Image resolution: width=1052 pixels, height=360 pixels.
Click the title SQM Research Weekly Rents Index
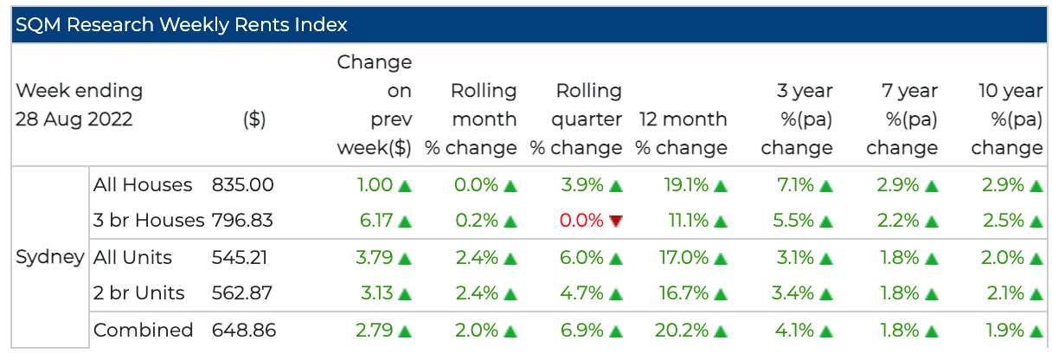(x=180, y=24)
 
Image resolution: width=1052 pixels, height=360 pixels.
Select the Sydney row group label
(x=50, y=257)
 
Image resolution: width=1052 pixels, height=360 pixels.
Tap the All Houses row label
(x=143, y=184)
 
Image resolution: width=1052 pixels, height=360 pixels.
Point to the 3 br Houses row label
(x=149, y=221)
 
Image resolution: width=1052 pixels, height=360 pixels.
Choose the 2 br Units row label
(x=139, y=293)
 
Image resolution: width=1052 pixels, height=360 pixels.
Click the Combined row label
(x=143, y=330)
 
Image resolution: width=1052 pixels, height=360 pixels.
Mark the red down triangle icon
(x=616, y=222)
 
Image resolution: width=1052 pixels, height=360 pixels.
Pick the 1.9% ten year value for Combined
(x=1004, y=330)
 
